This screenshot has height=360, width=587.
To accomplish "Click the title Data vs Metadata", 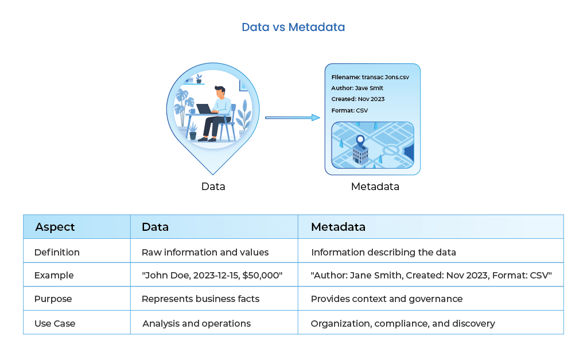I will point(293,27).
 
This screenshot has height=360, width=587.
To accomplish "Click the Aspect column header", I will point(55,227).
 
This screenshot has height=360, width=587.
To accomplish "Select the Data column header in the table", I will point(155,227).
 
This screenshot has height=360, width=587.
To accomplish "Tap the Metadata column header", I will point(338,227).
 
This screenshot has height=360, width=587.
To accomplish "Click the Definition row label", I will point(57,252).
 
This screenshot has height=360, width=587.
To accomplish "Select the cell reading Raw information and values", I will point(205,252).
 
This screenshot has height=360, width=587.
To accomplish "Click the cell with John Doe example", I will point(212,275).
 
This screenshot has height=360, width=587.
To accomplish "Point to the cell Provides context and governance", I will point(386,299).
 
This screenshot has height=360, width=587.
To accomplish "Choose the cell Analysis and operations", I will point(196,323).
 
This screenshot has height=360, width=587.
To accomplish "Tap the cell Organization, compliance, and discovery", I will point(402,323).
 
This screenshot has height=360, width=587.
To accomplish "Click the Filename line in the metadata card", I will point(370,77).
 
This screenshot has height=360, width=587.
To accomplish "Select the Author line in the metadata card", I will point(357,88).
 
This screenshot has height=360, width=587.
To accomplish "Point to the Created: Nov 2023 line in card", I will point(357,99).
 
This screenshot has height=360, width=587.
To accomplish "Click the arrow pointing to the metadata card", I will point(293,118).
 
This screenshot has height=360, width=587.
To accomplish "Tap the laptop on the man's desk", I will point(204,109).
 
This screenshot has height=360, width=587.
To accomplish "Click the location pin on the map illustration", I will point(360,140).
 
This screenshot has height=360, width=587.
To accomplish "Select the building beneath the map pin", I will point(360,154).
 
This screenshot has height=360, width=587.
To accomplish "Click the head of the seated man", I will point(220,91).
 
